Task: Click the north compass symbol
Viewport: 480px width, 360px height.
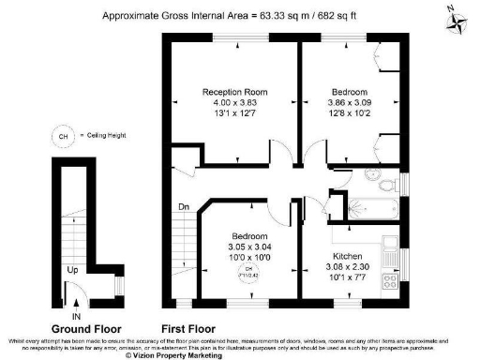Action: (456, 19)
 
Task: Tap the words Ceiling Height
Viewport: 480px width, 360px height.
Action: (105, 136)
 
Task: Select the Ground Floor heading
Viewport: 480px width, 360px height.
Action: (82, 329)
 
